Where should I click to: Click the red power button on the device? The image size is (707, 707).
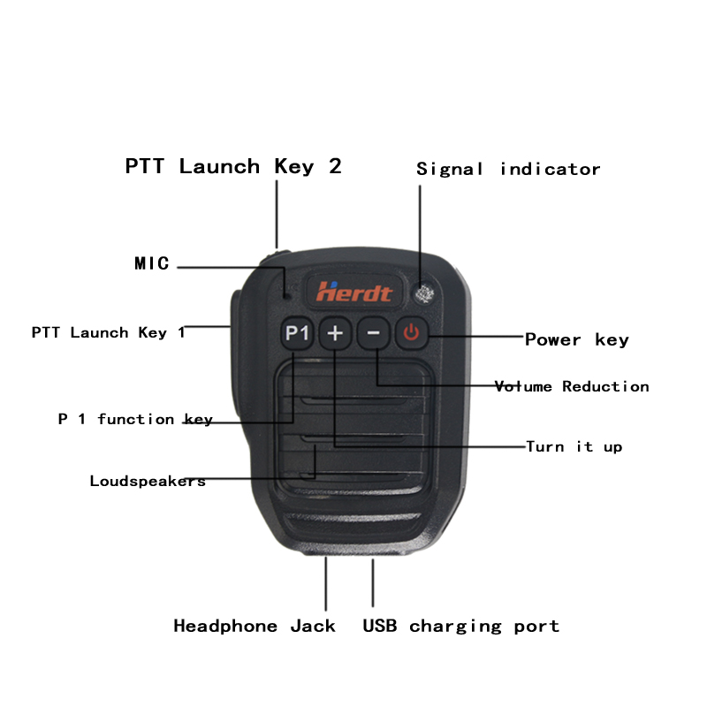tap(412, 334)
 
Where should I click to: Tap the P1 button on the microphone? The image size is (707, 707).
tap(298, 334)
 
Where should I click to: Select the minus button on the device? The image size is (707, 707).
tap(374, 334)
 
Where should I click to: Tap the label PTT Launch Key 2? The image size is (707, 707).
tap(233, 166)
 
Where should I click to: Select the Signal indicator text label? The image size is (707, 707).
tap(508, 169)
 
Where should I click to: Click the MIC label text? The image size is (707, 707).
tap(151, 263)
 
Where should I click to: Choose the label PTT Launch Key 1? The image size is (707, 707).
tap(109, 333)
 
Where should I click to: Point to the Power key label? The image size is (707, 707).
tap(577, 339)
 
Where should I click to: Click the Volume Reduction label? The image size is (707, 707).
tap(572, 386)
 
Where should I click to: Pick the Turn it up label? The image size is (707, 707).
tap(574, 446)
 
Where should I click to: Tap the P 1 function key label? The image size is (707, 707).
tap(135, 419)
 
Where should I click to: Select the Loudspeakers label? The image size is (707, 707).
tap(148, 482)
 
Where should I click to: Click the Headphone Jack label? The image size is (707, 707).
tap(255, 627)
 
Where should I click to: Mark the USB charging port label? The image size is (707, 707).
tap(460, 627)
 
